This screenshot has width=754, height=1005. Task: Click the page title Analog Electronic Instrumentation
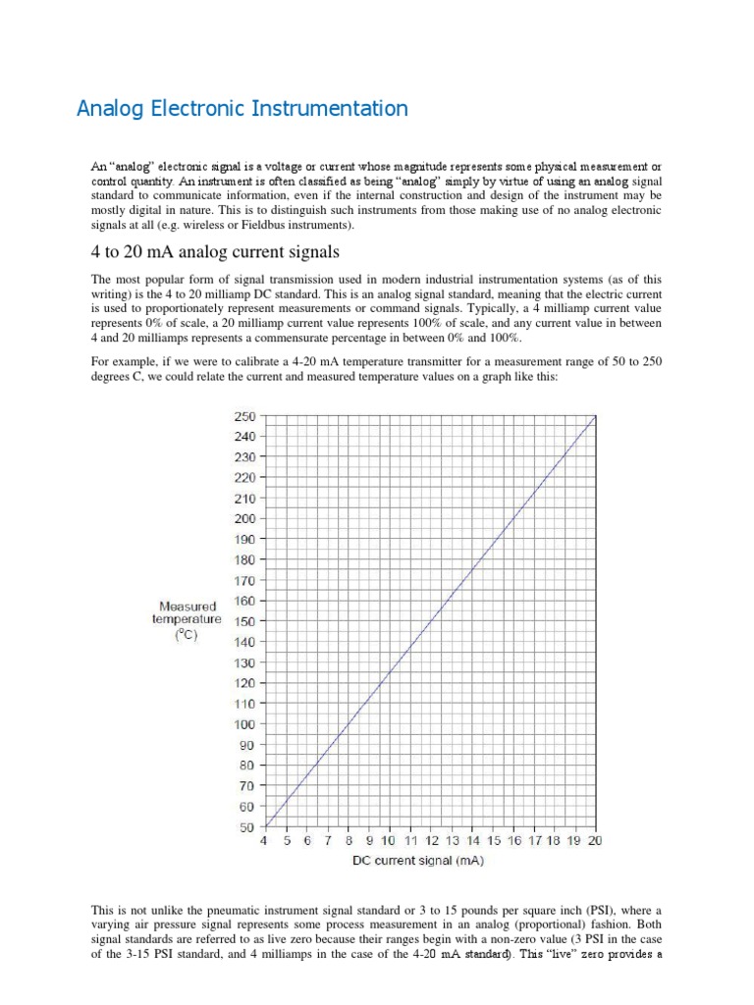click(242, 109)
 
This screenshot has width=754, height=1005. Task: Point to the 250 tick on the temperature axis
click(243, 416)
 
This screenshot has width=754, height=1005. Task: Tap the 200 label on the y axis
click(243, 518)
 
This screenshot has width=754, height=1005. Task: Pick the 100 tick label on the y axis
click(243, 724)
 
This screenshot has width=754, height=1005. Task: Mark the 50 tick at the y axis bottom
click(246, 826)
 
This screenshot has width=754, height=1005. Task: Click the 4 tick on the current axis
click(262, 841)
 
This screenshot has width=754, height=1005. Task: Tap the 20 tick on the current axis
click(595, 841)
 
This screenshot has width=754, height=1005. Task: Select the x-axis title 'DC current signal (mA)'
click(419, 862)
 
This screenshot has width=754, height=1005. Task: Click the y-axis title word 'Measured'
click(188, 607)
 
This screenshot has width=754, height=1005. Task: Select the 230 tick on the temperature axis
click(243, 457)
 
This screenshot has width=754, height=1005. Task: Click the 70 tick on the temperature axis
click(246, 785)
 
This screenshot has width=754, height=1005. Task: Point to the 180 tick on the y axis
click(243, 559)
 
